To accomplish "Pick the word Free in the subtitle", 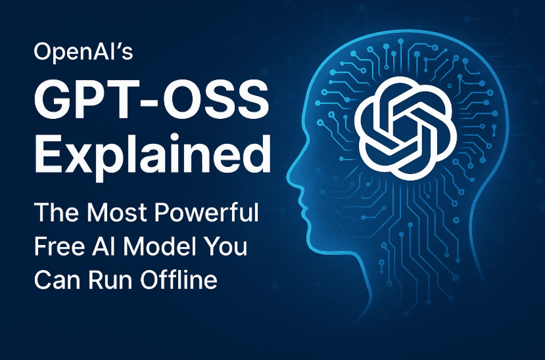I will click(62, 247).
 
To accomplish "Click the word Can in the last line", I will click(61, 281).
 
